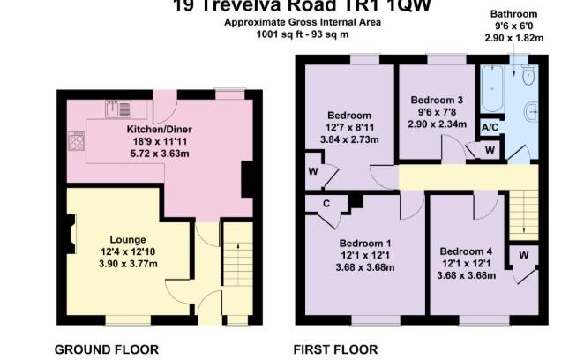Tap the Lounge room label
point(127,239)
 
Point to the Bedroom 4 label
point(466,251)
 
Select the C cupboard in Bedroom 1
point(326,203)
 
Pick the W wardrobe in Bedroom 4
point(523,257)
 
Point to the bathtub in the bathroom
point(490,88)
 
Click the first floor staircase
point(525,213)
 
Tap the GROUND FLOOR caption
point(101,349)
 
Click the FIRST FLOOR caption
point(337,349)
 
